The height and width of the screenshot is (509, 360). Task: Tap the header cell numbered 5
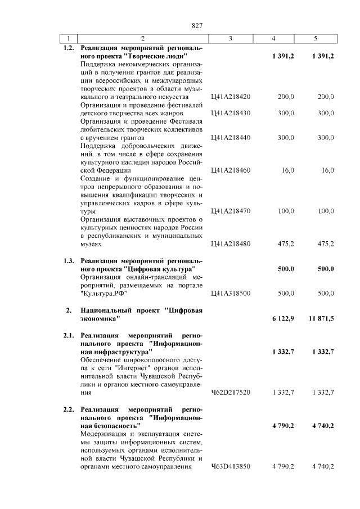pos(316,39)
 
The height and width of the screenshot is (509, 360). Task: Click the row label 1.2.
pos(69,48)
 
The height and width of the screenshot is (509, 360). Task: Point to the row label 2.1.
pos(69,336)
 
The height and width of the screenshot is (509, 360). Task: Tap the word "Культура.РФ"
pos(104,293)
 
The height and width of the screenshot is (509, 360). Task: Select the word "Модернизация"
pos(105,434)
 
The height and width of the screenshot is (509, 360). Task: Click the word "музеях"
pos(92,244)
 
